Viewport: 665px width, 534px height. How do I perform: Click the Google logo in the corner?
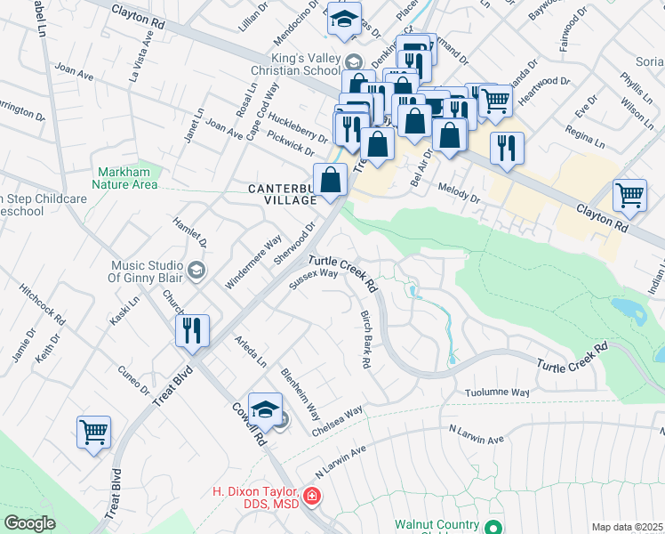[x=29, y=523]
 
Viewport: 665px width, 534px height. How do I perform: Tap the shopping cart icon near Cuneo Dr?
[x=93, y=433]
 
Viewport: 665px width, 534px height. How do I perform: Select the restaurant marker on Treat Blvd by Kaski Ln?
[x=193, y=331]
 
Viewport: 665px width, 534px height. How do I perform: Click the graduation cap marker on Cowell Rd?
[x=265, y=409]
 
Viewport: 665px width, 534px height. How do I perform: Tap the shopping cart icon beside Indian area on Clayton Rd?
[x=629, y=195]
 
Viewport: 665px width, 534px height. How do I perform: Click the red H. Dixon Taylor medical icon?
[x=311, y=495]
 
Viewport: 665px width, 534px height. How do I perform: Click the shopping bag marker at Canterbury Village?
[x=330, y=179]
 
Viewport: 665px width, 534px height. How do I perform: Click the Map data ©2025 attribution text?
[x=626, y=527]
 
